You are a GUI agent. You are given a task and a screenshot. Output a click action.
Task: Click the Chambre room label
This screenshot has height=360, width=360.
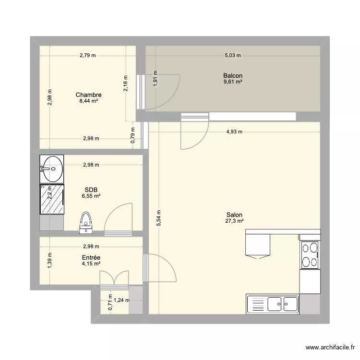pyautogui.click(x=91, y=95)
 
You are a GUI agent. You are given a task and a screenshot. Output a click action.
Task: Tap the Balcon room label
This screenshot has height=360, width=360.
pyautogui.click(x=232, y=76)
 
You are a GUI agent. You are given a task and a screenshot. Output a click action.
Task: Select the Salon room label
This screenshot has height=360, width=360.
pyautogui.click(x=234, y=215)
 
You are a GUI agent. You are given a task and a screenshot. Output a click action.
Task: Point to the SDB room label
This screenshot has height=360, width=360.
pyautogui.click(x=91, y=190)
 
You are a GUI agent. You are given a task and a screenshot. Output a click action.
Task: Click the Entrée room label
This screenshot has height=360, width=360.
pyautogui.click(x=91, y=258)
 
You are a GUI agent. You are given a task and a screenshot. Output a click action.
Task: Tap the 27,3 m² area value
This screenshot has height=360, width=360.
pyautogui.click(x=234, y=221)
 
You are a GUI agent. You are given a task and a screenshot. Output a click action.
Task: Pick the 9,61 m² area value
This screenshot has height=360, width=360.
pyautogui.click(x=232, y=82)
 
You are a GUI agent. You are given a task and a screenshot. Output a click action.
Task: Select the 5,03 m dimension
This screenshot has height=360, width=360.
pyautogui.click(x=232, y=56)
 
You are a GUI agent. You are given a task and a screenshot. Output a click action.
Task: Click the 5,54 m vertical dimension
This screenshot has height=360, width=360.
pyautogui.click(x=158, y=218)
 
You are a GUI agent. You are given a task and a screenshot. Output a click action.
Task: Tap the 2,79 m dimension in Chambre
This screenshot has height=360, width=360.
pyautogui.click(x=88, y=56)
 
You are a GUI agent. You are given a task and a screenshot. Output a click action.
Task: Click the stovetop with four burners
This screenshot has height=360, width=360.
pyautogui.click(x=311, y=255)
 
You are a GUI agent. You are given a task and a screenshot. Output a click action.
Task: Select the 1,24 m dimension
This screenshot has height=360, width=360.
pyautogui.click(x=121, y=301)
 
